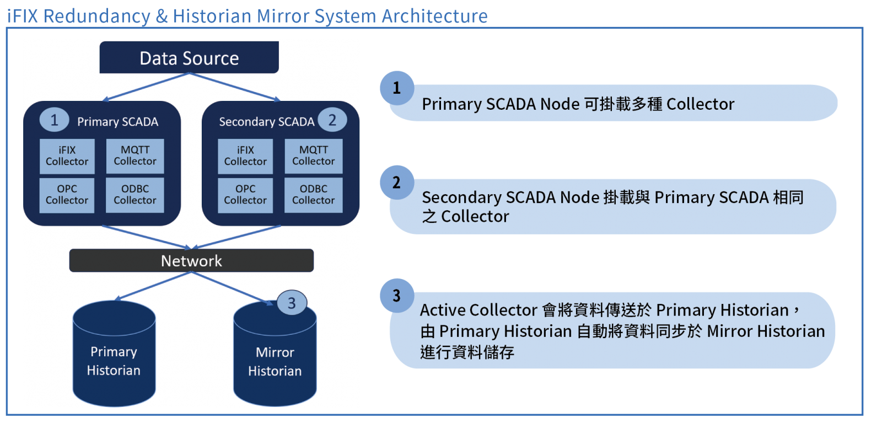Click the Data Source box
[x=189, y=58]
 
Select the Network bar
[x=191, y=260]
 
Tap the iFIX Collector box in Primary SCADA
[x=67, y=156]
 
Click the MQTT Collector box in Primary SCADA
[x=135, y=156]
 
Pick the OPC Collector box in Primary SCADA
[x=67, y=195]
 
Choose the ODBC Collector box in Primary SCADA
[x=135, y=195]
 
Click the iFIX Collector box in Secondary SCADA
[x=245, y=156]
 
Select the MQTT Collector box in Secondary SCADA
[x=314, y=156]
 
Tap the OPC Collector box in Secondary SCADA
[x=245, y=195]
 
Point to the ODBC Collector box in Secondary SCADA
[x=314, y=195]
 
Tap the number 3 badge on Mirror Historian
[x=292, y=303]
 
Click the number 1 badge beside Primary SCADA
[x=54, y=120]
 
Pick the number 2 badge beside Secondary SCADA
[x=332, y=120]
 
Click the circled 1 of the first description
[x=396, y=88]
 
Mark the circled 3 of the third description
[x=396, y=296]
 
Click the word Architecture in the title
[x=434, y=16]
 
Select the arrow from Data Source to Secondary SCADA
[x=235, y=87]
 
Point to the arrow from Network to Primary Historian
[x=153, y=286]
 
